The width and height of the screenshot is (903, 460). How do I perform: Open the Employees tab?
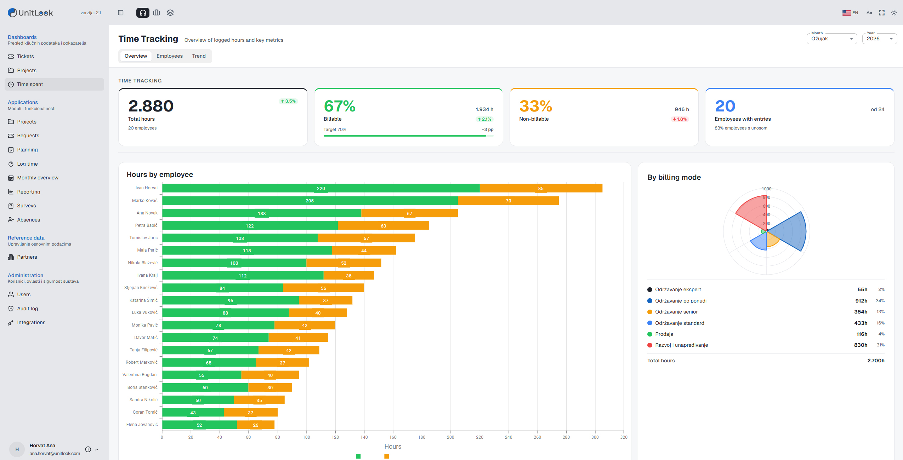(x=169, y=56)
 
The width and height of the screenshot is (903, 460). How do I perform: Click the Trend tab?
(x=199, y=56)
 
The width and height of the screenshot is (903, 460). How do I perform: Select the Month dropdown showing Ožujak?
(x=831, y=39)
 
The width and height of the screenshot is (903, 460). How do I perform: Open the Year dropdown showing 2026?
(x=880, y=39)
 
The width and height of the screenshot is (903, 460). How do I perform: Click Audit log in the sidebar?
(x=27, y=309)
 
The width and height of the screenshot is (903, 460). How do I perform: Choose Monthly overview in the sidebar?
(x=38, y=178)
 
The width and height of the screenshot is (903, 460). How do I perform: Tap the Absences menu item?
(x=28, y=220)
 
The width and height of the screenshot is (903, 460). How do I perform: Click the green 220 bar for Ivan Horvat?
(x=321, y=188)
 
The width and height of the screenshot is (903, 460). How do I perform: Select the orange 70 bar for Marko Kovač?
(x=509, y=201)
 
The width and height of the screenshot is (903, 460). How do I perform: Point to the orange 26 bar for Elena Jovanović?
(x=256, y=425)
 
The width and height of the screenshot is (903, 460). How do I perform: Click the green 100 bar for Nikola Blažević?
(x=234, y=263)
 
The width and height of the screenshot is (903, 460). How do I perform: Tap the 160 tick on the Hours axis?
(x=393, y=437)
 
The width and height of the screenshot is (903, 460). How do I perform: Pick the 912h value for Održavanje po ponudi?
(x=861, y=301)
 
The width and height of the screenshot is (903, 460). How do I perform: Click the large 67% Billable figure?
(x=339, y=106)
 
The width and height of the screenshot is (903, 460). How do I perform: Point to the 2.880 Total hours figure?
(x=151, y=106)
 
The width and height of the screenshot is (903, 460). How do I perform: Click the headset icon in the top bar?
(x=143, y=13)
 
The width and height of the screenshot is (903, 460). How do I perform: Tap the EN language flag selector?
(x=850, y=13)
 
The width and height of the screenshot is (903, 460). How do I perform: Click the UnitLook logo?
(x=30, y=13)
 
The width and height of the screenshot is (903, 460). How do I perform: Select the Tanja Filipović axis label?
(x=143, y=350)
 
